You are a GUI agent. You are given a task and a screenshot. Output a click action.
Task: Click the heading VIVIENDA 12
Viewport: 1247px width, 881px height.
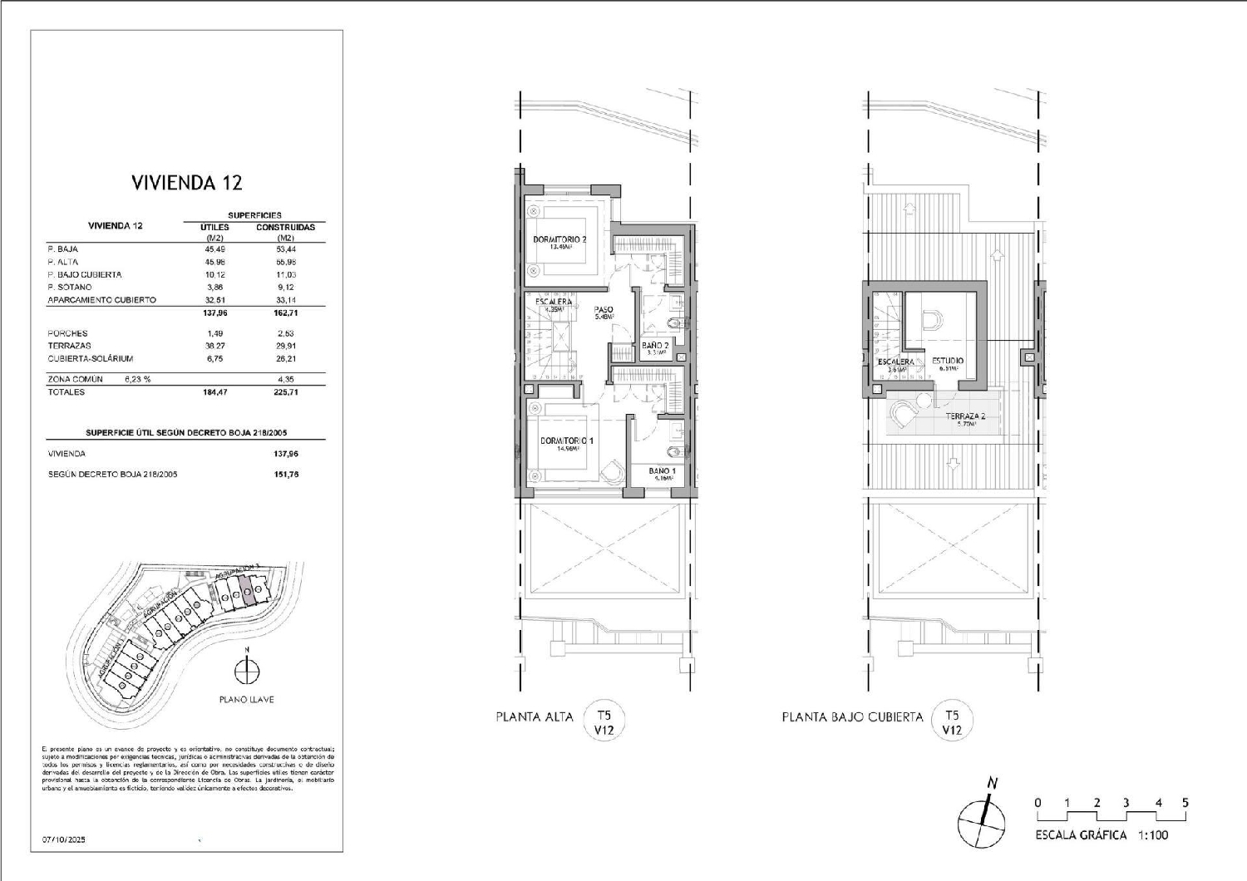(x=186, y=183)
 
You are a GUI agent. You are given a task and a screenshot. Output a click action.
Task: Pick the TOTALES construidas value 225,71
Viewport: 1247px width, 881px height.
(x=285, y=392)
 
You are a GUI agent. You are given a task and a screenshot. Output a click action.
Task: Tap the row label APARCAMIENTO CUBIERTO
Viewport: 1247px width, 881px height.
(x=101, y=300)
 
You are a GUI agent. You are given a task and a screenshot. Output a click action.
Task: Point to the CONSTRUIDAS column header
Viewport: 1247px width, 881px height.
(x=285, y=227)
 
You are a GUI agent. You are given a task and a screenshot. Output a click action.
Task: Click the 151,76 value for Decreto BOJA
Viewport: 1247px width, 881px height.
(x=285, y=475)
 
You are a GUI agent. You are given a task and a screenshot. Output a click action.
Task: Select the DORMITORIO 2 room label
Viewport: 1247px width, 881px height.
(x=559, y=240)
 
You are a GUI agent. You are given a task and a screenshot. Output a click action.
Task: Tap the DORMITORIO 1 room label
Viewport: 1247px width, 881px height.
(x=566, y=440)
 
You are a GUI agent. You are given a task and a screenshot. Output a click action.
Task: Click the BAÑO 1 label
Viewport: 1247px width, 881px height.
(x=662, y=471)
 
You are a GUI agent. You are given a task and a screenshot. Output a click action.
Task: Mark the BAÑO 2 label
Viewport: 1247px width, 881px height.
(x=655, y=345)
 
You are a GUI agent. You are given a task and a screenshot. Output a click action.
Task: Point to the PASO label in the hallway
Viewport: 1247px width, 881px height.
(x=604, y=310)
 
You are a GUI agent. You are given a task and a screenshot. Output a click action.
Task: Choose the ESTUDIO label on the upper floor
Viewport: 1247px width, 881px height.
(x=947, y=361)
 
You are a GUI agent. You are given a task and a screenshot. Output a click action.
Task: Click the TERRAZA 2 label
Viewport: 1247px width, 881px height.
(x=965, y=416)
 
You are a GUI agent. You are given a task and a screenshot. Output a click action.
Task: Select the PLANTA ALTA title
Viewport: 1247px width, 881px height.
(x=535, y=716)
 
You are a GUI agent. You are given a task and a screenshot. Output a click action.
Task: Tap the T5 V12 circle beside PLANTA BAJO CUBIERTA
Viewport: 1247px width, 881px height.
(x=952, y=721)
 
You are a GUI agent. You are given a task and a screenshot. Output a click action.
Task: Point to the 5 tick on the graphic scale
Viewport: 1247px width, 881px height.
(x=1185, y=803)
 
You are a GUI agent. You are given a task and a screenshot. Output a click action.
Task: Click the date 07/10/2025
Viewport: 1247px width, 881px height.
(x=64, y=839)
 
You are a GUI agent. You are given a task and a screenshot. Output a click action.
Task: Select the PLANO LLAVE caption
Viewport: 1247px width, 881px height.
(x=246, y=700)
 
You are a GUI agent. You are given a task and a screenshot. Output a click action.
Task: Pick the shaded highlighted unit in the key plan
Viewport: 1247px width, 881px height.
(x=246, y=590)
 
